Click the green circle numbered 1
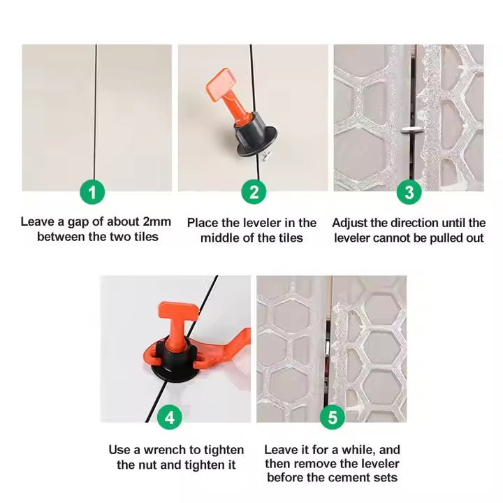(x=92, y=192)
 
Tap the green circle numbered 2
(x=254, y=192)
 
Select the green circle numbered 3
(x=409, y=192)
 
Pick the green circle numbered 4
(x=170, y=417)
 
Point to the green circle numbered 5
(x=333, y=417)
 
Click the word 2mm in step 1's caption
(x=157, y=221)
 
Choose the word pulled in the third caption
(x=448, y=238)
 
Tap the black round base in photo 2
(x=256, y=141)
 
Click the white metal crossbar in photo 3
(x=411, y=130)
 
